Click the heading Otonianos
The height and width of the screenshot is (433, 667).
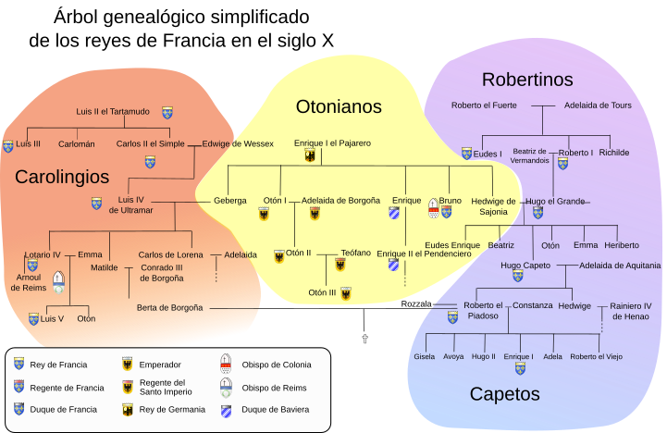pyautogui.click(x=339, y=106)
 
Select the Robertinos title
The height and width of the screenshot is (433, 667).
pyautogui.click(x=527, y=80)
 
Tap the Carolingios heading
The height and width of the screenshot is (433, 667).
pyautogui.click(x=62, y=176)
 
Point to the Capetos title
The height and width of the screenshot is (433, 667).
pyautogui.click(x=504, y=394)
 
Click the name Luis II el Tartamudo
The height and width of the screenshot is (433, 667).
pyautogui.click(x=113, y=112)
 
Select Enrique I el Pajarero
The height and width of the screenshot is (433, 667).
pyautogui.click(x=332, y=143)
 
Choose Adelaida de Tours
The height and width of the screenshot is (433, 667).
pyautogui.click(x=598, y=105)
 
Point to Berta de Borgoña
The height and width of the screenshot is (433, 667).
pyautogui.click(x=169, y=307)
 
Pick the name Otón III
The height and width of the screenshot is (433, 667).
pyautogui.click(x=323, y=292)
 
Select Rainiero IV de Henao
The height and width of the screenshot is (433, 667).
pyautogui.click(x=630, y=310)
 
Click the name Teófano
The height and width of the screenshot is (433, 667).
pyautogui.click(x=356, y=253)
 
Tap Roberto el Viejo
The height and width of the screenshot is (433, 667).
pyautogui.click(x=597, y=356)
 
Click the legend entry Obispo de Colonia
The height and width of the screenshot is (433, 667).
pyautogui.click(x=277, y=365)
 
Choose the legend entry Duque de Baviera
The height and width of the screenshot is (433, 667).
pyautogui.click(x=276, y=409)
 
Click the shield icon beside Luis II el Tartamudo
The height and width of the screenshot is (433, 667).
pyautogui.click(x=167, y=112)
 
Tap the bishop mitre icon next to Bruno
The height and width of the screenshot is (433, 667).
pyautogui.click(x=433, y=208)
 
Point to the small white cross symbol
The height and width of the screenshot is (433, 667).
pyautogui.click(x=365, y=340)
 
